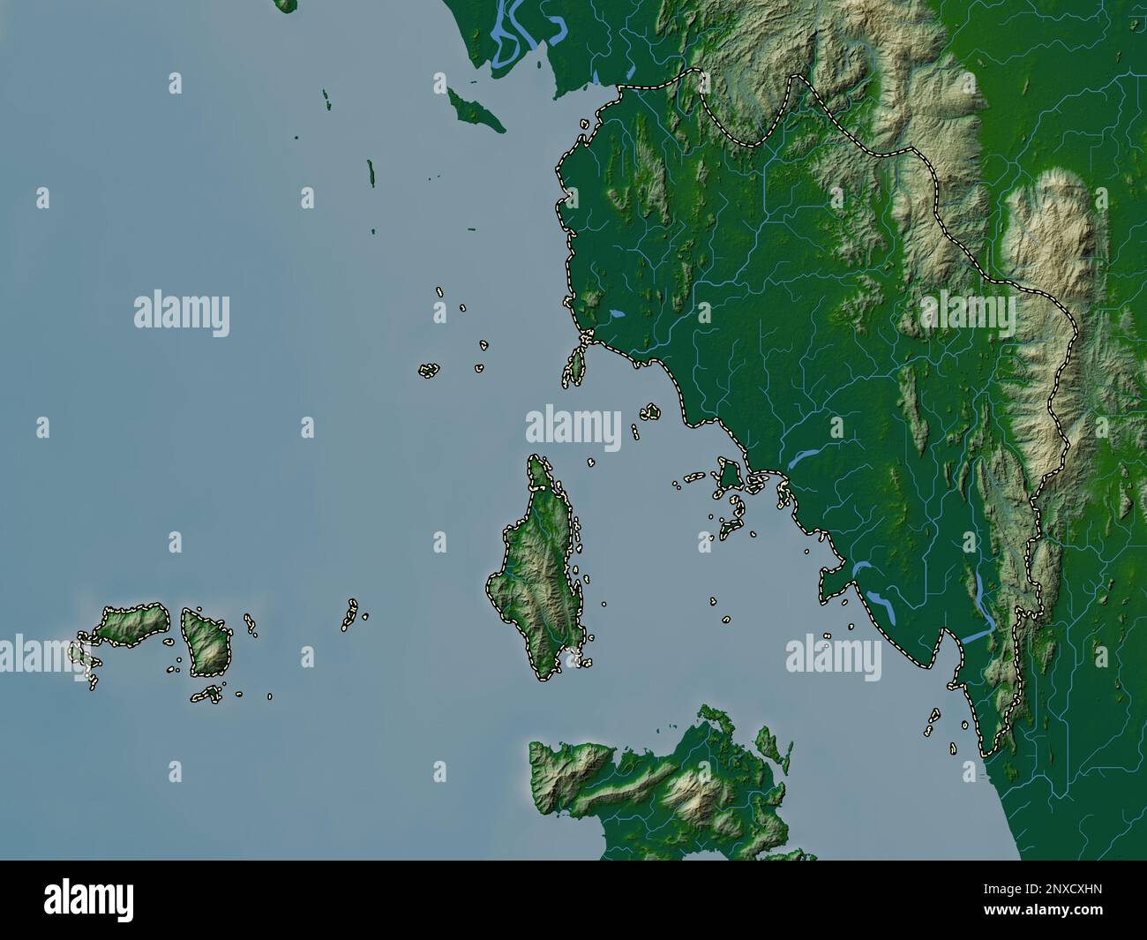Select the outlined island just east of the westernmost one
point(206,640)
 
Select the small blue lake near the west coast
point(617,313)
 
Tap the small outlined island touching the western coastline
point(574,365)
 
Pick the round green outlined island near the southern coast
point(729,475)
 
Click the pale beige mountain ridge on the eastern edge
point(1050,256)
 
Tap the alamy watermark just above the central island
point(573,426)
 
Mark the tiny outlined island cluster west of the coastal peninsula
point(429,370)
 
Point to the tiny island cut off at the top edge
point(284,5)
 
